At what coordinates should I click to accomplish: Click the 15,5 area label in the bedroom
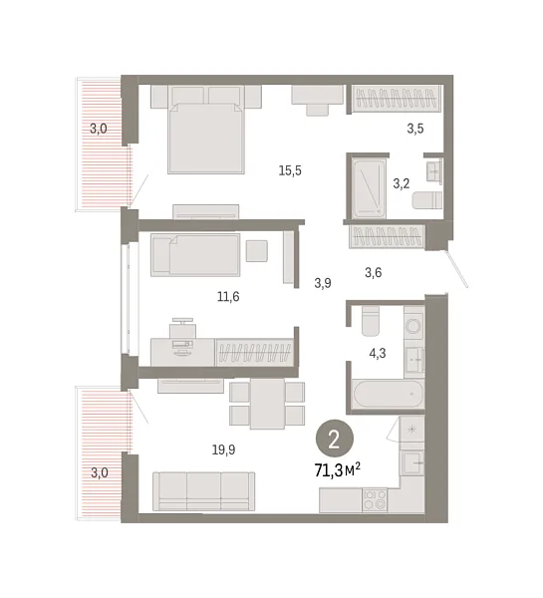(290, 170)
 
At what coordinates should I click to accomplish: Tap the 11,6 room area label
(228, 296)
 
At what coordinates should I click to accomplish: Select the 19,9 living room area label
(223, 450)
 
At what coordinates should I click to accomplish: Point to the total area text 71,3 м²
(338, 470)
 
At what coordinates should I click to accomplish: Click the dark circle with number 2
(335, 440)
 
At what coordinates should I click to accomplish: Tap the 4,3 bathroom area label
(378, 354)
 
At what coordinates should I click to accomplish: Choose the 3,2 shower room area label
(402, 183)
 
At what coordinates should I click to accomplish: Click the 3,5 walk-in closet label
(415, 129)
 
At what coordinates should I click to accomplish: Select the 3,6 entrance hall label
(374, 273)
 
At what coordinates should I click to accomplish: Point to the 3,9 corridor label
(323, 283)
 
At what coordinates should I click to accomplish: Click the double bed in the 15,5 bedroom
(206, 130)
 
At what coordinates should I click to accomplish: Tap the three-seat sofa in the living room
(203, 491)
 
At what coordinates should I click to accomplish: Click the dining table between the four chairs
(267, 404)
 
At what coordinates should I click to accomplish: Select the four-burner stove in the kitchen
(375, 500)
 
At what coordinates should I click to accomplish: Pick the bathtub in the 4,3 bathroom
(389, 394)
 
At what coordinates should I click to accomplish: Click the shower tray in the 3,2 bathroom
(369, 188)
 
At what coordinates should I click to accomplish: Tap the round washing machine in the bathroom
(414, 325)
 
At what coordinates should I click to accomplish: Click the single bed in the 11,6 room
(195, 255)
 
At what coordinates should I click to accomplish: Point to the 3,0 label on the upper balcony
(99, 129)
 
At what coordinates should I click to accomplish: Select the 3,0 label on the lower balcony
(100, 472)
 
